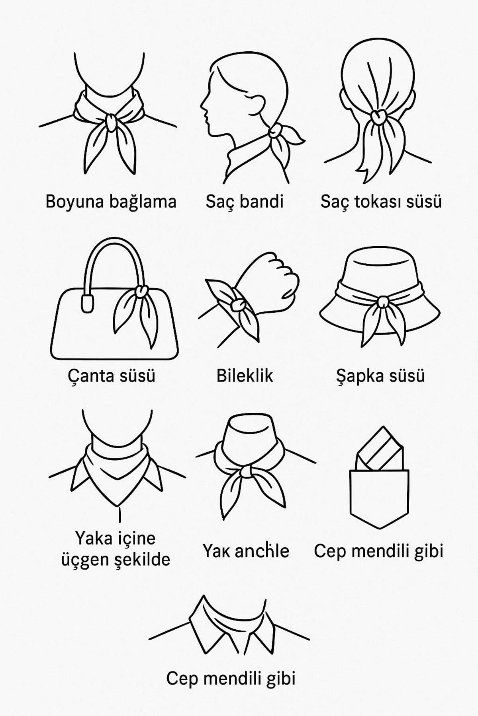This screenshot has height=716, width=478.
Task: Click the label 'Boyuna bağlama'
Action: coord(111,202)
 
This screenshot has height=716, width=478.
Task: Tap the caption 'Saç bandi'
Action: coord(244,202)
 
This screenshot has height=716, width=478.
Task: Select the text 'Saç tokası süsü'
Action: coord(381,202)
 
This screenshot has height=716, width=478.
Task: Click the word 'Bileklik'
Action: coord(245,376)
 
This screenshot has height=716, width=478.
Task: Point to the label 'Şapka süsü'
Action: coord(380,376)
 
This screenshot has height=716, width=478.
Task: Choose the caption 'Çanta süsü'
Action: coord(111,376)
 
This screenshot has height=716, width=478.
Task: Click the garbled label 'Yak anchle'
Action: coord(246,551)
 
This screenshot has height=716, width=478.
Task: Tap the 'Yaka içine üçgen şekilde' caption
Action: coord(116,549)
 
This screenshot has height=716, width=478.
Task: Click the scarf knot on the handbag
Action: coord(140,292)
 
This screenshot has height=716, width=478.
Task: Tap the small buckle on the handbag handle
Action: coord(86,304)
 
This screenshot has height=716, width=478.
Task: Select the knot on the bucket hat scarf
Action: coord(382,302)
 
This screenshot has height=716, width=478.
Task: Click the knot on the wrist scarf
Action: coord(238,305)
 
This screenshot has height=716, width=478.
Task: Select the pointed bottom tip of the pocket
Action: coord(380,528)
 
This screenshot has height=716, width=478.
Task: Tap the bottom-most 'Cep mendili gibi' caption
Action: coord(231,678)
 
